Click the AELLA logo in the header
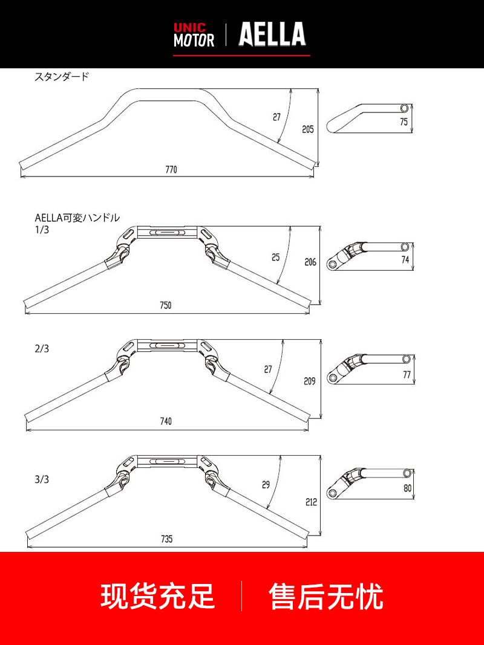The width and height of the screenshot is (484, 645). (272, 34)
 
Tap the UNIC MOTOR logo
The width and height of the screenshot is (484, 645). (194, 35)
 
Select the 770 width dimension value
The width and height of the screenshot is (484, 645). (171, 169)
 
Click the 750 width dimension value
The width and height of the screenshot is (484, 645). (165, 305)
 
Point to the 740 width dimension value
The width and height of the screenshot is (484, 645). (166, 421)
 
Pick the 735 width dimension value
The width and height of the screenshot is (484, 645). (167, 539)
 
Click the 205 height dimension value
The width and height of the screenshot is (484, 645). (308, 129)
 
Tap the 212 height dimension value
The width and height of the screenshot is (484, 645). (312, 502)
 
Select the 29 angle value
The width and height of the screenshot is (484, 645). (266, 485)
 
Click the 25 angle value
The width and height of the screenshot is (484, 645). (276, 257)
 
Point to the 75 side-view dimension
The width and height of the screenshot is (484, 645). (404, 122)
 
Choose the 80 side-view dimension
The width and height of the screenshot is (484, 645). (407, 488)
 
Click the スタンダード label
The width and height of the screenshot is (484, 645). (62, 77)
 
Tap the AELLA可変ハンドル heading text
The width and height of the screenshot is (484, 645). (77, 218)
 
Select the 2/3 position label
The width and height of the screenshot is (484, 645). (42, 349)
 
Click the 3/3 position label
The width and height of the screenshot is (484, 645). (42, 479)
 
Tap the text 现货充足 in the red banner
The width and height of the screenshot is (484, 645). (158, 596)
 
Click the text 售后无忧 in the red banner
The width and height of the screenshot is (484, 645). (326, 596)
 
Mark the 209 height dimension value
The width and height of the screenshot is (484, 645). (310, 381)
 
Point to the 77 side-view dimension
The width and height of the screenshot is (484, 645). (407, 375)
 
